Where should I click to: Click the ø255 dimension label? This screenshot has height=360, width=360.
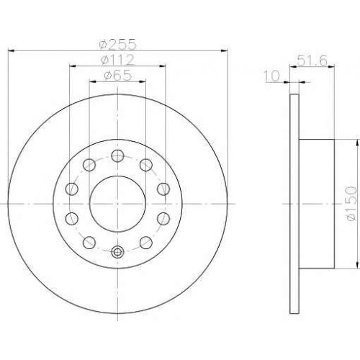pos(118,44)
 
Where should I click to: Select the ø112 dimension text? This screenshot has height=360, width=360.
pos(117,60)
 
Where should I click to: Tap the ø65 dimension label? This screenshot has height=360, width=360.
pos(117,76)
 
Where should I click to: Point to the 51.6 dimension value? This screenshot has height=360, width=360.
pos(312,60)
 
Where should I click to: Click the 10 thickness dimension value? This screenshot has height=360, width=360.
pos(272,76)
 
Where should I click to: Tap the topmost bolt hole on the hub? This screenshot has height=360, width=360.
pos(117,156)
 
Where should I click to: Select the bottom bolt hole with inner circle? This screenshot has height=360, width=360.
pos(117,252)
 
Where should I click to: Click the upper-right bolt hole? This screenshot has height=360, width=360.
pos(146,165)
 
